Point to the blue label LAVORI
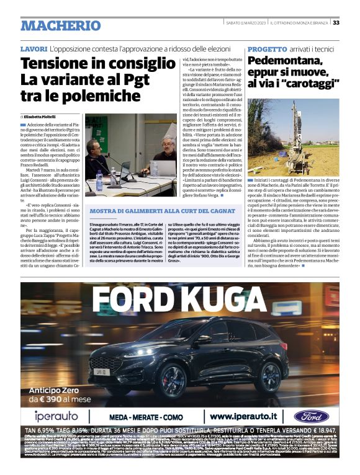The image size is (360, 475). [34, 48]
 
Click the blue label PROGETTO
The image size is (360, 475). [267, 48]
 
